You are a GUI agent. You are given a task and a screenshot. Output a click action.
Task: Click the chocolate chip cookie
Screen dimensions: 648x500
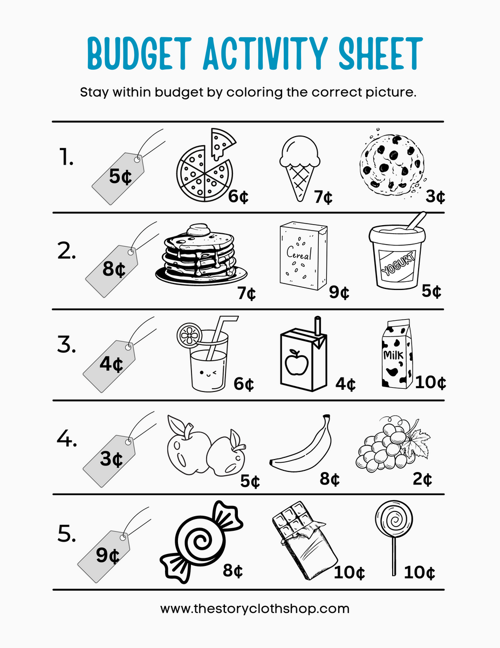coord(393,161)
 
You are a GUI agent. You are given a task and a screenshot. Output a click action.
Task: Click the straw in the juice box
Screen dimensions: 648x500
coord(318,326)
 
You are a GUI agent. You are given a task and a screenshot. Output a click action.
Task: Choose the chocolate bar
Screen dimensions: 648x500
coord(304,545)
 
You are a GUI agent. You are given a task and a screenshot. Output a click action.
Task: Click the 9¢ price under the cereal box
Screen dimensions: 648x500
coord(339,293)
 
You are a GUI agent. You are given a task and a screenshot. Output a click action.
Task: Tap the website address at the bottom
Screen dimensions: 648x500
coord(255,609)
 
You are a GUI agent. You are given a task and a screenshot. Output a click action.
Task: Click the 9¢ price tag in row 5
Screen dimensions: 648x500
coord(108,555)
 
